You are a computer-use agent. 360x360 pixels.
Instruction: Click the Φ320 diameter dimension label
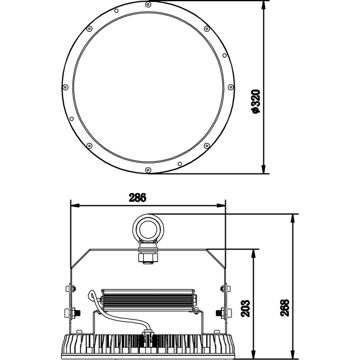click(256, 101)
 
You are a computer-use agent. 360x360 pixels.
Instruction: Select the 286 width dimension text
click(137, 198)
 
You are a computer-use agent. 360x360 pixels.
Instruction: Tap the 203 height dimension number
click(246, 308)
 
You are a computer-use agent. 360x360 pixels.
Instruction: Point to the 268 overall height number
click(285, 308)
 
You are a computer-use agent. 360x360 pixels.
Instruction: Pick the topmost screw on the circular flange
click(149, 4)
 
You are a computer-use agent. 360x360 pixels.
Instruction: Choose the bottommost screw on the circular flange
click(148, 170)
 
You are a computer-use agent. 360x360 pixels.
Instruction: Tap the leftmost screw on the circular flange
click(66, 87)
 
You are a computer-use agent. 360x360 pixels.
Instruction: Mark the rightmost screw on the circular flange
click(231, 87)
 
